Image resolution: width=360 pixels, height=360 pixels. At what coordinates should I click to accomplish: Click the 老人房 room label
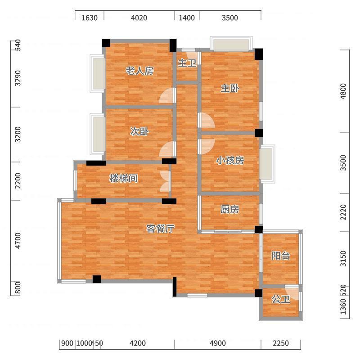pyautogui.click(x=139, y=71)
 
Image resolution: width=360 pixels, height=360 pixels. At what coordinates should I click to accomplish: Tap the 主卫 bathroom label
pyautogui.click(x=187, y=63)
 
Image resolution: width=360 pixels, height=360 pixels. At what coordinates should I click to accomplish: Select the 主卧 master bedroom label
pyautogui.click(x=230, y=88)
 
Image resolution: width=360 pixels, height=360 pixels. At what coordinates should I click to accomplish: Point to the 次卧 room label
pyautogui.click(x=139, y=131)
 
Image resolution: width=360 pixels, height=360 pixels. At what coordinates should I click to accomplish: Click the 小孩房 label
pyautogui.click(x=230, y=160)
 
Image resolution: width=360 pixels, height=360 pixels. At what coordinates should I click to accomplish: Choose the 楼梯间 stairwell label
pyautogui.click(x=123, y=178)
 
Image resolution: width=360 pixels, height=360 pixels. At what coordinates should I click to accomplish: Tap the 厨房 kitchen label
pyautogui.click(x=230, y=209)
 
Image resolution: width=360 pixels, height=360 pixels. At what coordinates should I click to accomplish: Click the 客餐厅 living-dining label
pyautogui.click(x=161, y=229)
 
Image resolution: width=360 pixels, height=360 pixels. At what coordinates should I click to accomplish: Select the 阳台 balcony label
pyautogui.click(x=280, y=256)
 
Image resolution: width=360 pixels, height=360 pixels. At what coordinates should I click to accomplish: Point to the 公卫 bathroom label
pyautogui.click(x=280, y=299)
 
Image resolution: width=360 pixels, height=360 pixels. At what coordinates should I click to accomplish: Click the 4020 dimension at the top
pyautogui.click(x=139, y=18)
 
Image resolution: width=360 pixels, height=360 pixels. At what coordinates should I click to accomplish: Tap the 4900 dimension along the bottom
pyautogui.click(x=218, y=343)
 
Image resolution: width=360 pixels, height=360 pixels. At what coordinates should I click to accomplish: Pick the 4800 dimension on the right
pyautogui.click(x=343, y=91)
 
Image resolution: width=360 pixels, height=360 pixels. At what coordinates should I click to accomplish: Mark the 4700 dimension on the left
pyautogui.click(x=18, y=241)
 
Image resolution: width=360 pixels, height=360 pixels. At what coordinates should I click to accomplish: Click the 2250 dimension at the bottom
pyautogui.click(x=280, y=343)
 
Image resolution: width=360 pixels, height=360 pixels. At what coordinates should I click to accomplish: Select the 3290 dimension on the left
pyautogui.click(x=18, y=78)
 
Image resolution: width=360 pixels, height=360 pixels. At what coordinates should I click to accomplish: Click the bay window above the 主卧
pyautogui.click(x=231, y=44)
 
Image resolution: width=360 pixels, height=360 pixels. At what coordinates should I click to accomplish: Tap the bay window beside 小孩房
pyautogui.click(x=267, y=164)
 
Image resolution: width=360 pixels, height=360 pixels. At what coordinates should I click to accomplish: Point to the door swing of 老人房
pyautogui.click(x=167, y=95)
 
